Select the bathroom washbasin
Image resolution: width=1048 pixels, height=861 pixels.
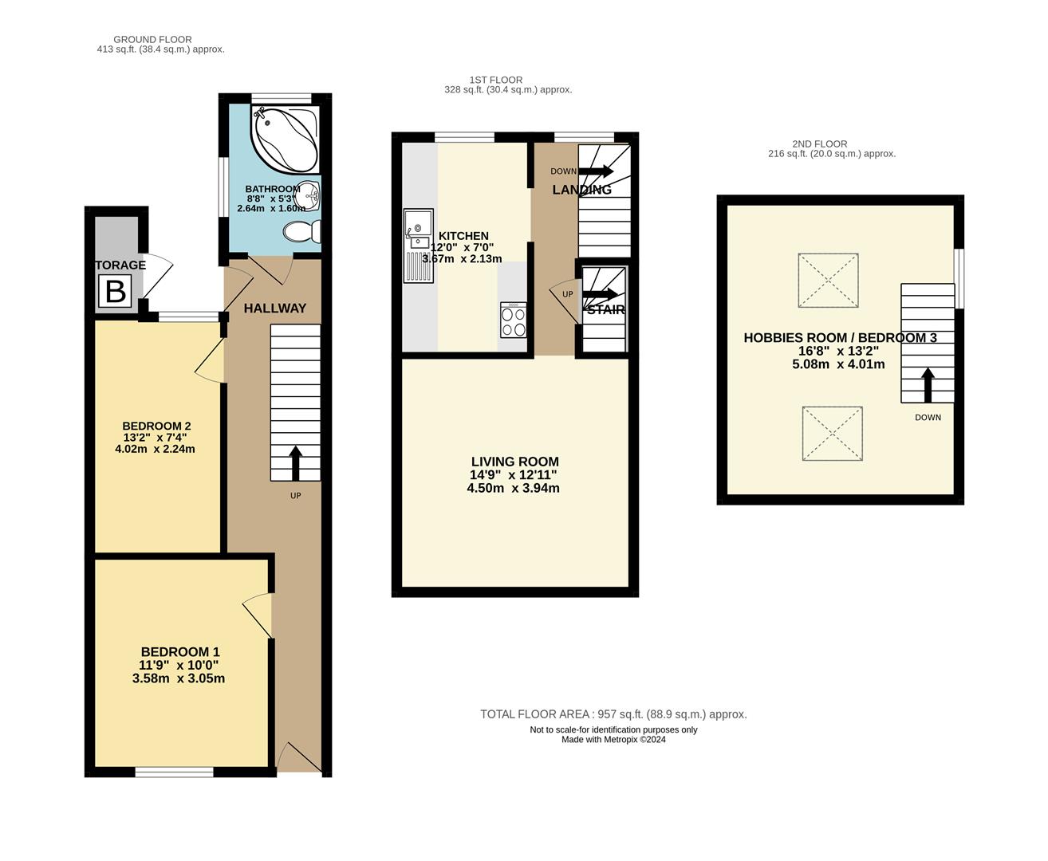click(x=310, y=194)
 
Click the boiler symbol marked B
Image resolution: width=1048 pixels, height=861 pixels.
click(x=116, y=292)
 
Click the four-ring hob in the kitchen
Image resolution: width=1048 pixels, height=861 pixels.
click(x=513, y=321)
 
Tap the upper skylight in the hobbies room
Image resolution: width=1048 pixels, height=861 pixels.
click(x=829, y=281)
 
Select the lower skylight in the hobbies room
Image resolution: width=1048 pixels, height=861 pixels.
click(x=833, y=433)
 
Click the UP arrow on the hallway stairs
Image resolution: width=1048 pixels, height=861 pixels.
click(x=295, y=463)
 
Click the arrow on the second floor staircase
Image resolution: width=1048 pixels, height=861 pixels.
click(x=928, y=385)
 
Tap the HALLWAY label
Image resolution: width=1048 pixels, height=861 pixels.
click(x=275, y=309)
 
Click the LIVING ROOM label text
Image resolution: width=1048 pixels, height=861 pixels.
click(x=514, y=462)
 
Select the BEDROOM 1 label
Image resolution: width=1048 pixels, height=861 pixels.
click(x=180, y=652)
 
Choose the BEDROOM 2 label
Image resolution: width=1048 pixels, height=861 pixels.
click(x=156, y=427)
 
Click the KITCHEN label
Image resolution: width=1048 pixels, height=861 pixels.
click(x=463, y=236)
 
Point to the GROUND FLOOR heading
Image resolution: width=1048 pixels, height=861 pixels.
click(x=152, y=39)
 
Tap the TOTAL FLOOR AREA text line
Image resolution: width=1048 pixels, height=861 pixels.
click(x=613, y=714)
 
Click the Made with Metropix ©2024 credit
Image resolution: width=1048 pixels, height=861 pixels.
click(x=613, y=739)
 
